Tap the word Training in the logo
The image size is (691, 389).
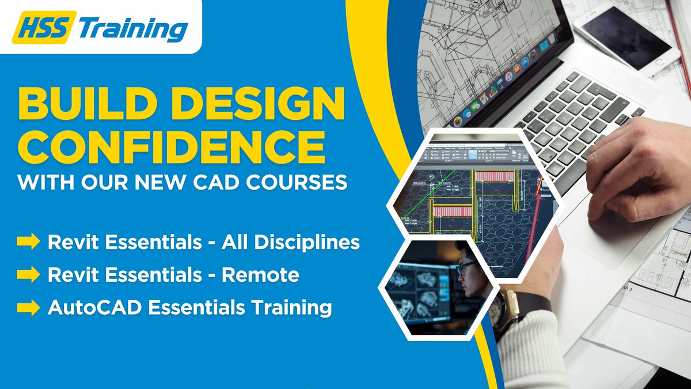click(x=132, y=28)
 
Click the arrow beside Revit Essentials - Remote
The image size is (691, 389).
click(x=28, y=275)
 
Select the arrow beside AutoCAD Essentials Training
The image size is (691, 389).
click(x=28, y=308)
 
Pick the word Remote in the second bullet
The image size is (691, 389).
click(x=260, y=275)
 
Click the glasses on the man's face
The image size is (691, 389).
click(x=465, y=267)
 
